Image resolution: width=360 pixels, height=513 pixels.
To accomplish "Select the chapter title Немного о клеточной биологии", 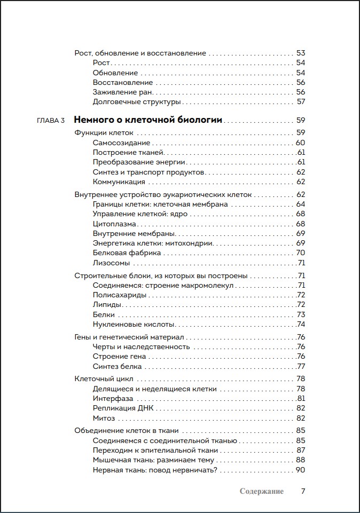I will pos(147,120).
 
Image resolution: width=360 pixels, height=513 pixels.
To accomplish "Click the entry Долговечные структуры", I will pos(137,101).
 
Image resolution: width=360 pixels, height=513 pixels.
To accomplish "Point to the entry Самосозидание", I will pos(121,143).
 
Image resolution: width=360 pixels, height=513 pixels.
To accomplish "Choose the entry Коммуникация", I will pos(119,181).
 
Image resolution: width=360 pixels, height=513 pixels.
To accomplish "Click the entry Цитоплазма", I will pos(114,224).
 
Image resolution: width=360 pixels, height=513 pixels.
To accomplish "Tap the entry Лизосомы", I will pos(111,263).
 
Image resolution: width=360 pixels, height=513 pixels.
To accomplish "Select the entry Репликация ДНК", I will pos(123,408).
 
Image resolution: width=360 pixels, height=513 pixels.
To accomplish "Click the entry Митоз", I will pos(104,418).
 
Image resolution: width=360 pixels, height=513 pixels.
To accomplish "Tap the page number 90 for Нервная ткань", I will pos(300,470).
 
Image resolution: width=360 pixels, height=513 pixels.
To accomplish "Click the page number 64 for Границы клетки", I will pos(300,204).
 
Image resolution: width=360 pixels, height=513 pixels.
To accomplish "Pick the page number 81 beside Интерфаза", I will pos(301,398).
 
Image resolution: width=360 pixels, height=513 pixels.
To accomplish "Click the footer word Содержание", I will pos(262,491).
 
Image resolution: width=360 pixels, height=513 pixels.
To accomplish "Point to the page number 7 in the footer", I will pos(303,491).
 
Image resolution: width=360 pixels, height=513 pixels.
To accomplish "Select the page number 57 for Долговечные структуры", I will pos(301,101).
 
